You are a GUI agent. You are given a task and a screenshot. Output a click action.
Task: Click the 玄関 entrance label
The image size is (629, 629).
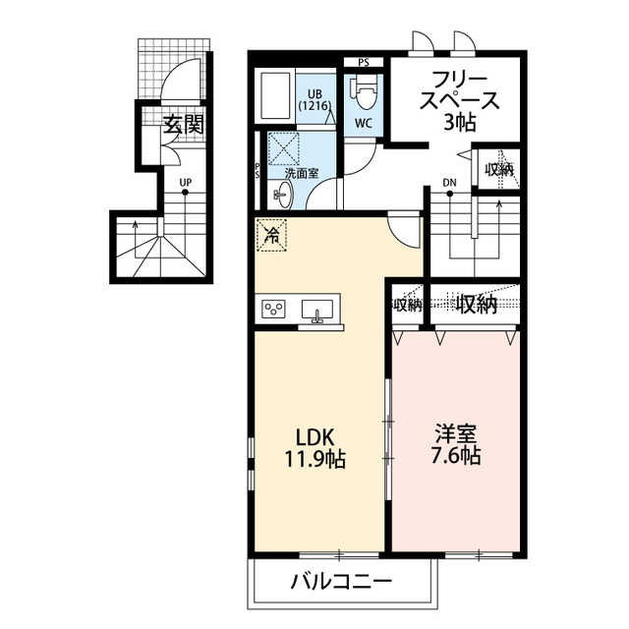click(x=184, y=125)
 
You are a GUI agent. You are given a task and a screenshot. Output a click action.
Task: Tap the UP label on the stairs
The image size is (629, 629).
click(x=185, y=182)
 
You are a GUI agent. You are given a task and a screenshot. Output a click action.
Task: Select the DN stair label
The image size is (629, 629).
click(x=449, y=183)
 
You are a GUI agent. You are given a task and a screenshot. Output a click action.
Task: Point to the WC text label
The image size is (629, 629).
click(x=364, y=124)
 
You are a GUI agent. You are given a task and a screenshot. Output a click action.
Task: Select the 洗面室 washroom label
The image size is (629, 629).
click(x=299, y=173)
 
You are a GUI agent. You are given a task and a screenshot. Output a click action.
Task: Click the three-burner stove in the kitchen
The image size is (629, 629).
click(x=274, y=310)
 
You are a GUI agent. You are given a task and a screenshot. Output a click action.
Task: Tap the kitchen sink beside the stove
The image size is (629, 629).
click(x=316, y=310)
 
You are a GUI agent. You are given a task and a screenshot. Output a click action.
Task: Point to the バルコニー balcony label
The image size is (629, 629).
click(x=341, y=583)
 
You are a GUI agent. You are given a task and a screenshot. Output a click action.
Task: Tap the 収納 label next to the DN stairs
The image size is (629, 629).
click(x=498, y=169)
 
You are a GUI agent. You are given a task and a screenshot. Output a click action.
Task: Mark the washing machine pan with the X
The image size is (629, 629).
click(x=286, y=148)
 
